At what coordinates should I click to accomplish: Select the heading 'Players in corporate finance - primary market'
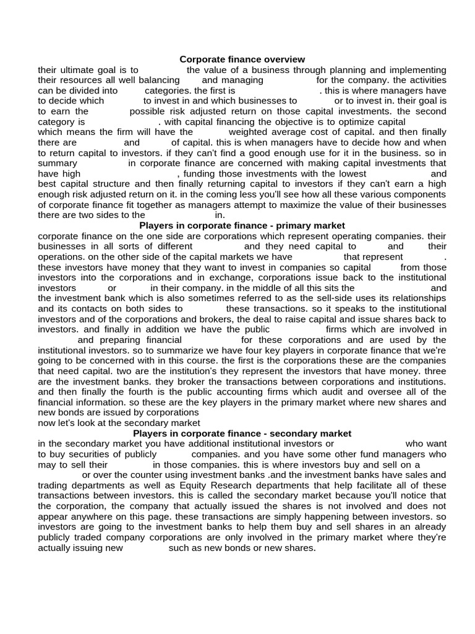242,225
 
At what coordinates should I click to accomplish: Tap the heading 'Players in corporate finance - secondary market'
242,433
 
